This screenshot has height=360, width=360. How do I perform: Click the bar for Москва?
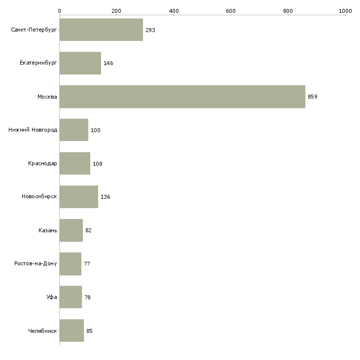pos(182,97)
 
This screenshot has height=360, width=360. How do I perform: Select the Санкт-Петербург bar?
pos(101,30)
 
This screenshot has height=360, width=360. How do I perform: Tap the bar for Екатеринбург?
pos(80,63)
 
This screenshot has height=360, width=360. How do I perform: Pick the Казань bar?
pos(71,230)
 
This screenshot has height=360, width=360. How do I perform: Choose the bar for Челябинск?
pos(72,330)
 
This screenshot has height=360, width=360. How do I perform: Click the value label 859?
pos(313,97)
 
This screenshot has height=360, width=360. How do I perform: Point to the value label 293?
pos(150,30)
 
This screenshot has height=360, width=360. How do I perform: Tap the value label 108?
pos(98,164)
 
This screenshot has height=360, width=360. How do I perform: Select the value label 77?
pos(87,264)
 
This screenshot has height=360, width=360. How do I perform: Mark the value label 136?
pos(106,197)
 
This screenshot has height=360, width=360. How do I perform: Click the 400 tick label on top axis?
pos(174,11)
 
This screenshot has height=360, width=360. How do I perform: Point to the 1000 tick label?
pos(345,11)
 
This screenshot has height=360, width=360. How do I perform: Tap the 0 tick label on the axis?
pos(60,11)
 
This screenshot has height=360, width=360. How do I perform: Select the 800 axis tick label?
pos(288,11)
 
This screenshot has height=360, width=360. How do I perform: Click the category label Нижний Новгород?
pos(33,130)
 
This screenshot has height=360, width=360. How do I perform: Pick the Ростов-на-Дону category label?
pos(36,263)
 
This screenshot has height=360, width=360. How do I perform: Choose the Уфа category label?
pos(52,297)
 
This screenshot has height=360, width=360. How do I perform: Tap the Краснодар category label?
pos(42,163)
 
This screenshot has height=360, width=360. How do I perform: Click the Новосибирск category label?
pos(39,197)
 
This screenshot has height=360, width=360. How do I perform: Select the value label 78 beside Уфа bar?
pos(87,297)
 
